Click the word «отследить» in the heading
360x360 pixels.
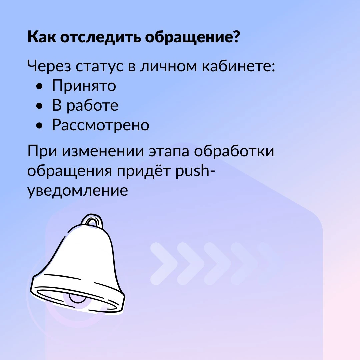click(x=101, y=37)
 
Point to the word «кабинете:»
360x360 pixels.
click(x=238, y=66)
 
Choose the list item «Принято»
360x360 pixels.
click(x=84, y=86)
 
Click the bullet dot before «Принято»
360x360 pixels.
click(x=39, y=86)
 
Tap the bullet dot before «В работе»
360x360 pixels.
click(x=39, y=106)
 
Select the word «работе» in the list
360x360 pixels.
click(x=93, y=106)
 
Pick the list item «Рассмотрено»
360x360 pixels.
click(x=101, y=125)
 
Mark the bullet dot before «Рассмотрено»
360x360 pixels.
click(x=39, y=125)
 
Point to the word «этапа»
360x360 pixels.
click(x=169, y=152)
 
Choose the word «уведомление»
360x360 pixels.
click(x=78, y=191)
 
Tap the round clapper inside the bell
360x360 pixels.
click(x=78, y=298)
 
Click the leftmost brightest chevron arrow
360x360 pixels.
click(x=164, y=264)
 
